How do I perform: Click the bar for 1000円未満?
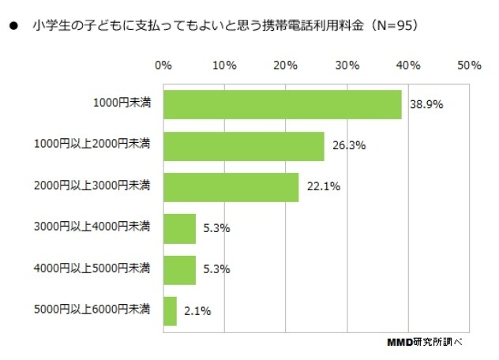(x=282, y=105)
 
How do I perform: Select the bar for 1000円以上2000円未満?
(x=243, y=146)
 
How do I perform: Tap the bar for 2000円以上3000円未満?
(x=231, y=187)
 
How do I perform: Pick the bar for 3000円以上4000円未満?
(x=179, y=229)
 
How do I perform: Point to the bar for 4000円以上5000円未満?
(x=179, y=270)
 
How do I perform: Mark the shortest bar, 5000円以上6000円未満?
(x=170, y=311)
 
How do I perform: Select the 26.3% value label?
(x=348, y=146)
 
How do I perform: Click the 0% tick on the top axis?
(x=163, y=65)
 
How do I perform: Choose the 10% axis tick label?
(x=225, y=65)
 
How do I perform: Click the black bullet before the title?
(x=13, y=25)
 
